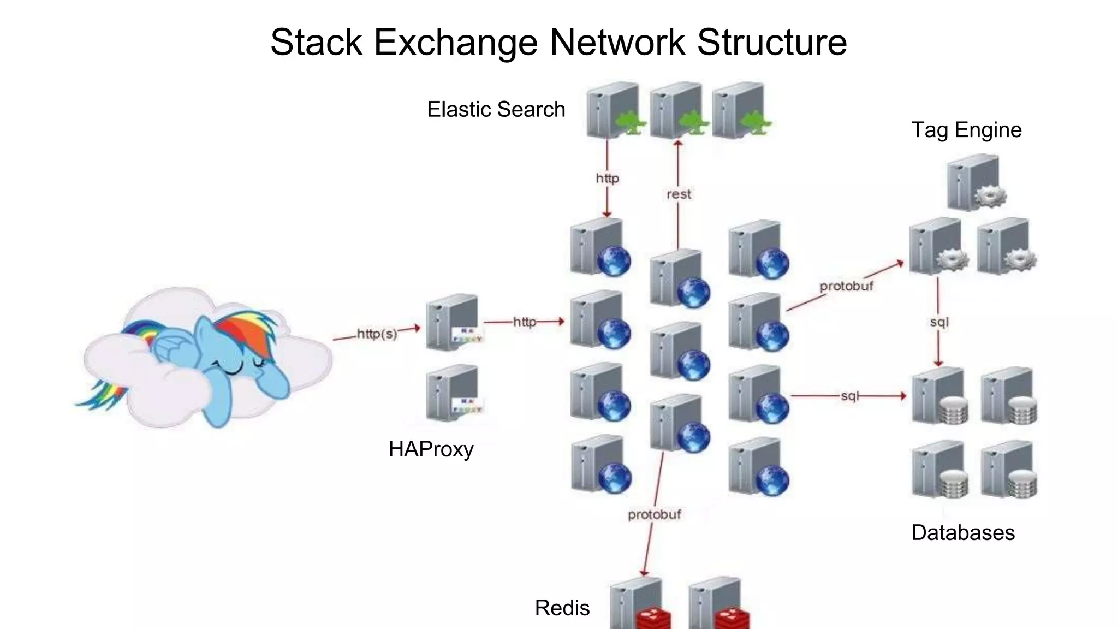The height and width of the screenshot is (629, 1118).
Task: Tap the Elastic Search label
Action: tap(496, 109)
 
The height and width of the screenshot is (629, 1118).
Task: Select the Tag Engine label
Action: tap(966, 130)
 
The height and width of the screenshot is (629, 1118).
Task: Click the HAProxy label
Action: tap(431, 449)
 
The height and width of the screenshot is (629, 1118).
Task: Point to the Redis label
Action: tap(562, 608)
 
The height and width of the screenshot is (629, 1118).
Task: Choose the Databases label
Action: tap(963, 532)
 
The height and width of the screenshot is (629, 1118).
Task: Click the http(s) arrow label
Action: tap(377, 334)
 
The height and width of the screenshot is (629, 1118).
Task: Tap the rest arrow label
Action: tap(679, 194)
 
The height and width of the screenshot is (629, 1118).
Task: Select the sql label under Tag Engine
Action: tap(939, 322)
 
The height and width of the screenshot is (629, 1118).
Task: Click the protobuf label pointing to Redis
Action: tap(654, 514)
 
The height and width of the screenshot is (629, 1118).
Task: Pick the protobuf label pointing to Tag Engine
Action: tap(846, 286)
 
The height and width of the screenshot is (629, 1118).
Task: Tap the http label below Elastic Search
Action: tap(607, 179)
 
